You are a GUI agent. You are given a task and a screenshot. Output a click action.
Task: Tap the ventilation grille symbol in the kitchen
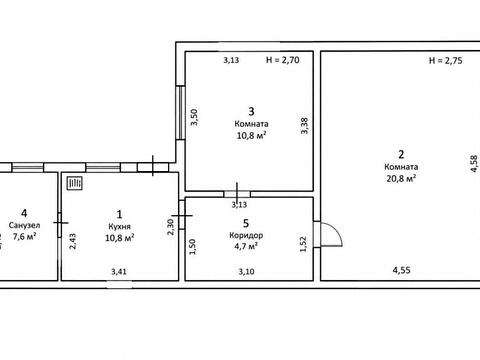pyautogui.click(x=75, y=183)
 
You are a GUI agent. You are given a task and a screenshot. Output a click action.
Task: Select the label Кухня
pyautogui.click(x=119, y=227)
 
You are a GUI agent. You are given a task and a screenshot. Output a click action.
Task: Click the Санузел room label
pyautogui.click(x=24, y=225)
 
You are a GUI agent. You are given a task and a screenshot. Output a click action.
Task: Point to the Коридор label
pyautogui.click(x=246, y=235)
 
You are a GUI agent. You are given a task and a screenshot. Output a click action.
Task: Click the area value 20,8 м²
pyautogui.click(x=401, y=178)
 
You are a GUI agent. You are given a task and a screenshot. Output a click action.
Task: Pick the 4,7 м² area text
pyautogui.click(x=246, y=246)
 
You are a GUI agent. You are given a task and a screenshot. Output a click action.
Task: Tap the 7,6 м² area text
pyautogui.click(x=24, y=236)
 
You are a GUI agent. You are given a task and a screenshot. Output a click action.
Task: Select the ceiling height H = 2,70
pyautogui.click(x=283, y=60)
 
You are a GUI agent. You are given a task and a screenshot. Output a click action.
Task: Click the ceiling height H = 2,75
pyautogui.click(x=445, y=61)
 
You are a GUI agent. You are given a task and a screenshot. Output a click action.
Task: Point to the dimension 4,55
pyautogui.click(x=401, y=270)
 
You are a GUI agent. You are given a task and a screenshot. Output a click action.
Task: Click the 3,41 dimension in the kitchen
pyautogui.click(x=119, y=272)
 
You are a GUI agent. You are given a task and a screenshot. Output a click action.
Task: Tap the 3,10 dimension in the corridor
pyautogui.click(x=246, y=272)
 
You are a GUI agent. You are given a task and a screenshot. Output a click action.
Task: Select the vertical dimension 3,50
pyautogui.click(x=194, y=117)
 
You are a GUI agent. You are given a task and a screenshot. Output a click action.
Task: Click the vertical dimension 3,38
pyautogui.click(x=304, y=126)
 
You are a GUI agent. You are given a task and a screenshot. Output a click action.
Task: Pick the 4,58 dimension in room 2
pyautogui.click(x=473, y=164)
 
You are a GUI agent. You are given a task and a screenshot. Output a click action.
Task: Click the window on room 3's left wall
pyautogui.click(x=180, y=113)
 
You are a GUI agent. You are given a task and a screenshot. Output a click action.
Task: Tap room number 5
pyautogui.click(x=246, y=223)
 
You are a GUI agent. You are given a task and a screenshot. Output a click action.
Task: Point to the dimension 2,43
pyautogui.click(x=72, y=241)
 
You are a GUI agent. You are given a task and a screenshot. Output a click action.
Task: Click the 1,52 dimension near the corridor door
pyautogui.click(x=303, y=244)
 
